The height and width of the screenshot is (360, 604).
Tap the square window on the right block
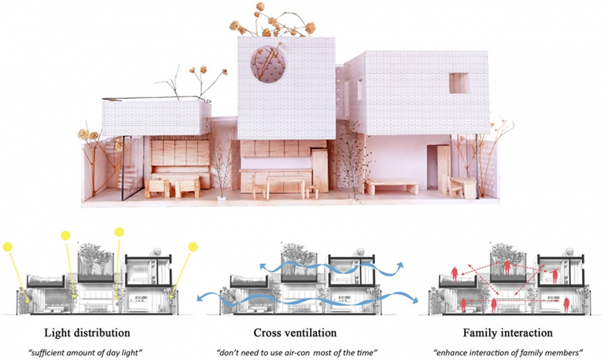pyautogui.click(x=459, y=81)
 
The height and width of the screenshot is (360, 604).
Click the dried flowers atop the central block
pyautogui.click(x=275, y=20)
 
